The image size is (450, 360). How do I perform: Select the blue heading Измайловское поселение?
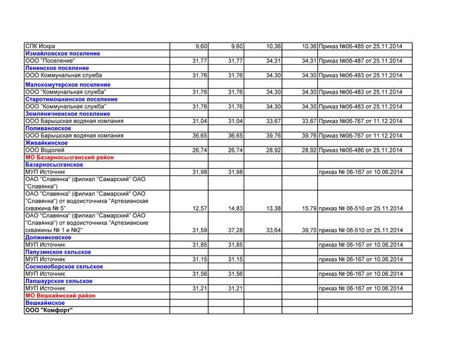click(62, 53)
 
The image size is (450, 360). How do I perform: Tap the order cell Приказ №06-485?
click(361, 46)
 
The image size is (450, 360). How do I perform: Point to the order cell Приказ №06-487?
click(361, 61)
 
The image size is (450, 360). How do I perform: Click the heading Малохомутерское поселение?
click(67, 85)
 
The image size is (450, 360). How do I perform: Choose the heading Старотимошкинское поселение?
click(71, 99)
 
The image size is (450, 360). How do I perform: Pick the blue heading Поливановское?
click(48, 128)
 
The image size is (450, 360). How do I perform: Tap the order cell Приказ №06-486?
click(361, 150)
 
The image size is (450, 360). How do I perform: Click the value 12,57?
click(200, 208)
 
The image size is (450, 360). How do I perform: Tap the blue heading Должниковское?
click(48, 238)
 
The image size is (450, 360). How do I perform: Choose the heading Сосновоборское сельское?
click(64, 266)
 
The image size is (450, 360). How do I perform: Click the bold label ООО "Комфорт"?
click(48, 310)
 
